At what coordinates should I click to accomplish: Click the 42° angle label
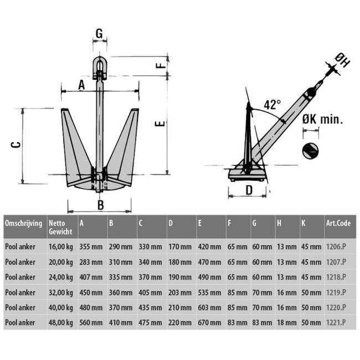272,105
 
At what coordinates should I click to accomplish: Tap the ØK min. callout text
323,119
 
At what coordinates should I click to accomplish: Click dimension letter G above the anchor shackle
99,34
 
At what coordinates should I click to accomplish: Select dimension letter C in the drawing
17,145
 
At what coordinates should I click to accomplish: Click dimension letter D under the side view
249,190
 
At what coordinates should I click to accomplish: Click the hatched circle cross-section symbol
311,150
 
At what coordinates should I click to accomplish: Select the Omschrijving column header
23,223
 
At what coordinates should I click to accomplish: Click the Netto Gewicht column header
60,227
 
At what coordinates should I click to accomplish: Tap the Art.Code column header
337,223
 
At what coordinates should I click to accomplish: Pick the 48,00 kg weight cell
60,322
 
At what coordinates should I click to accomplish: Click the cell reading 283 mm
91,262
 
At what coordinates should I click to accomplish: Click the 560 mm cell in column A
91,322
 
